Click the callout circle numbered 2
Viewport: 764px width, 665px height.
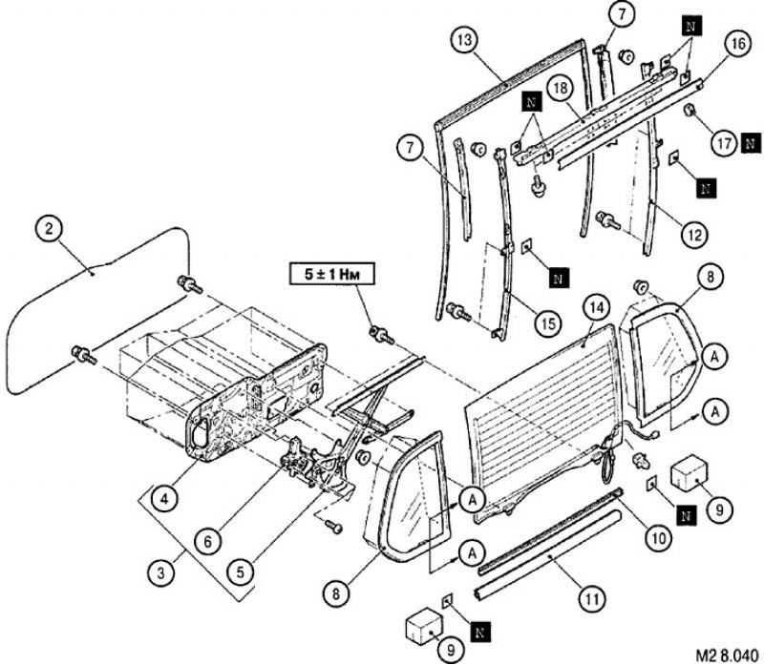point(49,229)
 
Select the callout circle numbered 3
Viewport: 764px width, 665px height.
point(160,572)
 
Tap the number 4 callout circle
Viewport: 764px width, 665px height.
point(165,500)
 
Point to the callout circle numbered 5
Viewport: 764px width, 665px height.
point(241,572)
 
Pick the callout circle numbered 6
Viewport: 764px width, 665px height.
point(208,541)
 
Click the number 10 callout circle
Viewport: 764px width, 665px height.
point(658,538)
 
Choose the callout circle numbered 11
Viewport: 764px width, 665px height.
point(591,599)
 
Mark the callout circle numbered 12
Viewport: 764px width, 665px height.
point(694,235)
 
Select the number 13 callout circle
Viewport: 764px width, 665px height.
point(465,40)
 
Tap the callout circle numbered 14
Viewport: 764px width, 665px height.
point(598,307)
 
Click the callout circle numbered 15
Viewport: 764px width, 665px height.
point(548,322)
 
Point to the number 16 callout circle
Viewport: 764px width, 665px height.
point(737,44)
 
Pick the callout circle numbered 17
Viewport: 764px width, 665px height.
point(725,144)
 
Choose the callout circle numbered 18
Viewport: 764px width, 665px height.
point(562,89)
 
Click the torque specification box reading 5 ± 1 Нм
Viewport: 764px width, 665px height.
point(331,274)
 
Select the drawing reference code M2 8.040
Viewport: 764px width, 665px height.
point(727,654)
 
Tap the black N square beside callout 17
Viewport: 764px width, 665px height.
point(751,144)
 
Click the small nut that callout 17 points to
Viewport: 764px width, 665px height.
point(689,111)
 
